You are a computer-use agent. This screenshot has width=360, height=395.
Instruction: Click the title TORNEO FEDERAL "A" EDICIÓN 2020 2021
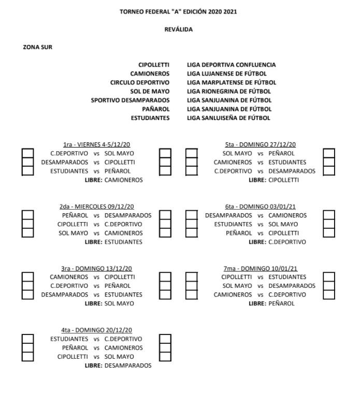179,11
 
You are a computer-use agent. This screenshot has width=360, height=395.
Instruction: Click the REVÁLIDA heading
178,30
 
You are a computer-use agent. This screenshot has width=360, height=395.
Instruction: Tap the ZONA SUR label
38,47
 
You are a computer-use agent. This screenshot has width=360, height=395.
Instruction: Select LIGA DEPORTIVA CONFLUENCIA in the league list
231,65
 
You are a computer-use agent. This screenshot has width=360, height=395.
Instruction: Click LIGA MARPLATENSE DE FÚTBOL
231,82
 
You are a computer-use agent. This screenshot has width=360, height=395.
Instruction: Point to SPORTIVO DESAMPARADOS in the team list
130,100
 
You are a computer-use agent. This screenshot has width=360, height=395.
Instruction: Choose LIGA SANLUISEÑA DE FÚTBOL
228,118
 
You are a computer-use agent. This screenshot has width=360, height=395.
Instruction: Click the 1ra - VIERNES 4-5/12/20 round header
96,144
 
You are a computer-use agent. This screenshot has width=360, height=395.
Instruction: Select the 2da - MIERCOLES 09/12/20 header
96,207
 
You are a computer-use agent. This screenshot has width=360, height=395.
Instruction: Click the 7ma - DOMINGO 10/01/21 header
261,268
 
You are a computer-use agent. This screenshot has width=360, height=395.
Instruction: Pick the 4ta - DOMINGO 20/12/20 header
96,330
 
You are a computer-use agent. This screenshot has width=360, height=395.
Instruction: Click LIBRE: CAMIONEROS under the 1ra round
113,180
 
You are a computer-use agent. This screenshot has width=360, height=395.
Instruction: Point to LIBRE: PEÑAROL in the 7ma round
271,303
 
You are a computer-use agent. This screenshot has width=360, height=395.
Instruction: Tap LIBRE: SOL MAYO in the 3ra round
109,303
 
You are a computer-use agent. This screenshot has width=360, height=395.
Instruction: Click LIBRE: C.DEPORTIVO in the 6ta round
277,242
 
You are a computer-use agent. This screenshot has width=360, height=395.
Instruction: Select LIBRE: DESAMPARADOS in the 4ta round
118,365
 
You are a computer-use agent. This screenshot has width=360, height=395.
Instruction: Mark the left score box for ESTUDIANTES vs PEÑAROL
27,171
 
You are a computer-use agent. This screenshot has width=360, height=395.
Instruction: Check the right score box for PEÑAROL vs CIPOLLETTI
328,233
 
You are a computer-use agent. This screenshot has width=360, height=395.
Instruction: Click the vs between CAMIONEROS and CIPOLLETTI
96,277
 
